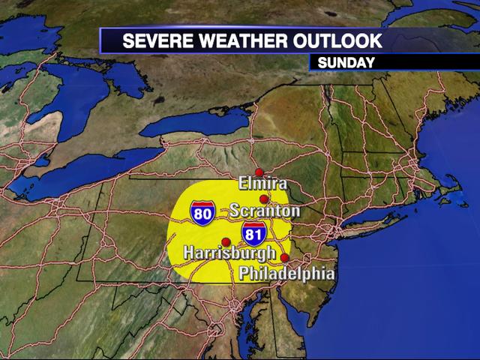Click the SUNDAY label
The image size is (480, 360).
pos(346,63)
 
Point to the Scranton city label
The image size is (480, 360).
pos(265,211)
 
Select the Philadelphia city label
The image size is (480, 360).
pos(286,274)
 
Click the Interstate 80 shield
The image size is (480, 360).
pos(202,212)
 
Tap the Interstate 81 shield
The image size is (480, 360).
pos(253,234)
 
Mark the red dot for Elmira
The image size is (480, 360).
pos(259,172)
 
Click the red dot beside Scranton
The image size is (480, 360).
pos(264,199)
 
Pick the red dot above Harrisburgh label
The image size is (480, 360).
pos(226,241)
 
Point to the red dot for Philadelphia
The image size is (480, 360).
pos(285,258)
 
